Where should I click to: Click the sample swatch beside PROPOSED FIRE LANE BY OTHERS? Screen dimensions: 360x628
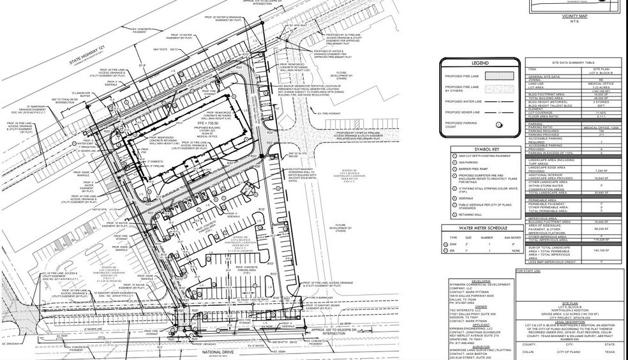[499, 89]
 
